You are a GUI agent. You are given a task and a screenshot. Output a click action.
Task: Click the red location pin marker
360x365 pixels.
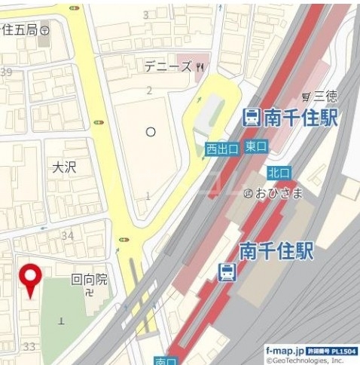[x=30, y=279]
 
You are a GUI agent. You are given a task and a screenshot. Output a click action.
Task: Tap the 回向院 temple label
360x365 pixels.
[x=89, y=279]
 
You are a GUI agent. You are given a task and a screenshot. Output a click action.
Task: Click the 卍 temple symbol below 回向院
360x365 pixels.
[x=90, y=292]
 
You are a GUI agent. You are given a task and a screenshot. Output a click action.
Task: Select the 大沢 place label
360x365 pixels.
[x=64, y=166]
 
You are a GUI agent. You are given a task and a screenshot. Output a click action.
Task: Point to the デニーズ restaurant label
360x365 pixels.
[x=168, y=66]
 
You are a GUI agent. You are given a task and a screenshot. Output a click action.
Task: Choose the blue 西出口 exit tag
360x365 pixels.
[x=222, y=149]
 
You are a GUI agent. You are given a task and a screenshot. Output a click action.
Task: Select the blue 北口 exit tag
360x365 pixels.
[x=278, y=173]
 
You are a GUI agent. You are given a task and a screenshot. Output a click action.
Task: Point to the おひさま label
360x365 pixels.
[x=278, y=193]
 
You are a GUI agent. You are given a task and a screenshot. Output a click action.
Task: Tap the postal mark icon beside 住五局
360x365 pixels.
[x=47, y=31]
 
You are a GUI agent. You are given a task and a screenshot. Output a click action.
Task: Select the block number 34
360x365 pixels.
[x=68, y=236]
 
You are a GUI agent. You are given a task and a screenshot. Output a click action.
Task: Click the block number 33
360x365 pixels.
[x=29, y=346]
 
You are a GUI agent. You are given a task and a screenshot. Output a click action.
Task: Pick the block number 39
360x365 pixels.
[x=7, y=71]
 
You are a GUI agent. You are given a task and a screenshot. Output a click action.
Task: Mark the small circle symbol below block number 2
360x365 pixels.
[x=151, y=132]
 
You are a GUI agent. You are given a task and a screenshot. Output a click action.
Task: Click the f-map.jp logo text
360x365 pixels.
[x=284, y=351]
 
